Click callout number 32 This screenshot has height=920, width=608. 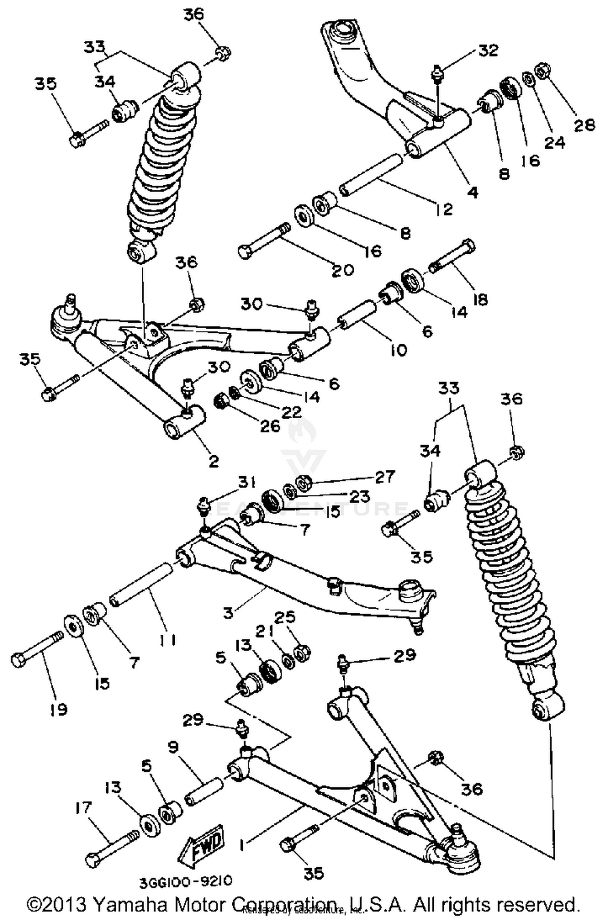(488, 50)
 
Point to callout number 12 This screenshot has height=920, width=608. (445, 209)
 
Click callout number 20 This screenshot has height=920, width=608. (343, 270)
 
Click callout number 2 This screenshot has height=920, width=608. (214, 461)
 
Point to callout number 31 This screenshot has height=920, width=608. (247, 482)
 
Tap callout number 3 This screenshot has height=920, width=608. (229, 613)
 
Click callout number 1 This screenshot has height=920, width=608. (242, 846)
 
